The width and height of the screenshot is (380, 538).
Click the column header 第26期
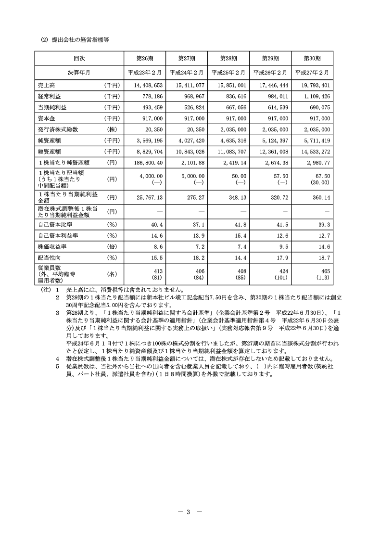coord(145,59)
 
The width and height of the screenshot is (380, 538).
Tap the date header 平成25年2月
coord(228,73)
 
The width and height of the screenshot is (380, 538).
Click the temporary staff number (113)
coord(322,277)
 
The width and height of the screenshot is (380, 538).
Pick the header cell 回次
coord(79,59)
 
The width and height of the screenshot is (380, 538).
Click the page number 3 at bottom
coord(189,512)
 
